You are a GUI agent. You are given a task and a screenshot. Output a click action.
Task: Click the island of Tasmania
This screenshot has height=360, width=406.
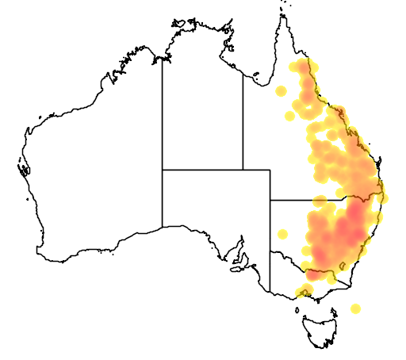[324, 330]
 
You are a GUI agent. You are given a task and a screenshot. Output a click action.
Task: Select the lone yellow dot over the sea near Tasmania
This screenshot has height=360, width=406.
[356, 308]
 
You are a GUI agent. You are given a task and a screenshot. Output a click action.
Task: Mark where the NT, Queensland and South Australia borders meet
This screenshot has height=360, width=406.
[243, 170]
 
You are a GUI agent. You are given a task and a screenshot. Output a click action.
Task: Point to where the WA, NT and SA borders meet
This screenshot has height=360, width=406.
[163, 170]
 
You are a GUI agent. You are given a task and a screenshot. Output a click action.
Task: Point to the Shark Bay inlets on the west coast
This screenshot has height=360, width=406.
[23, 168]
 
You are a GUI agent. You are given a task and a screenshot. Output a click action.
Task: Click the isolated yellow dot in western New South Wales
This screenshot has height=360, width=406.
[282, 233]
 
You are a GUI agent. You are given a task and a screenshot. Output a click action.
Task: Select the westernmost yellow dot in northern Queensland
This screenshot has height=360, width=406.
[280, 91]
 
